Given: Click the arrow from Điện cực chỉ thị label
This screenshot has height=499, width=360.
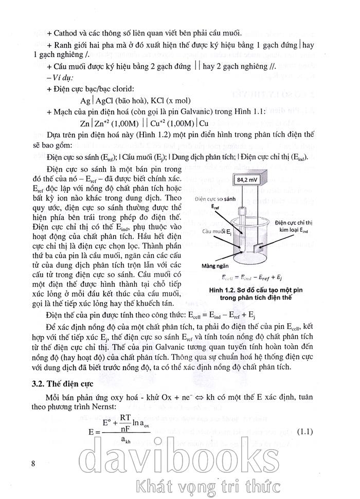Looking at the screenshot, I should click(x=272, y=237).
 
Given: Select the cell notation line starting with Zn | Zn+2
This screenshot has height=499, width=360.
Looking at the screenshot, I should click(x=144, y=123).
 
